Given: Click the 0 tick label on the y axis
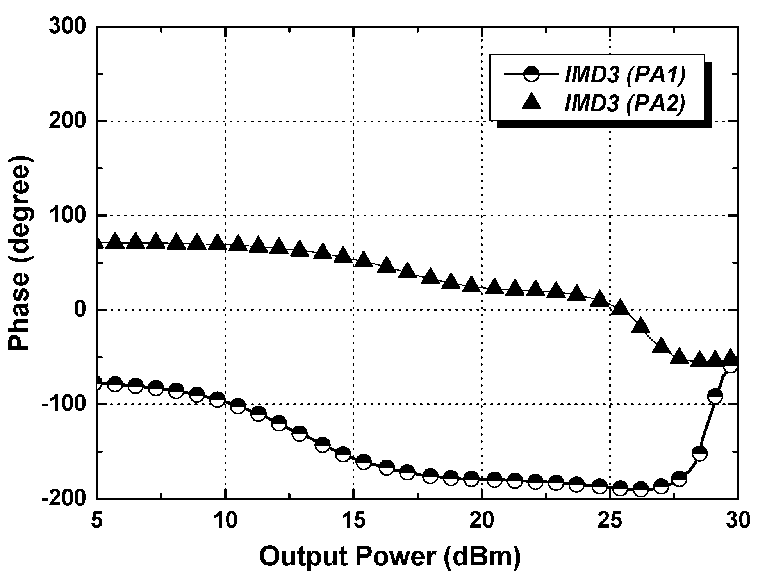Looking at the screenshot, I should click(80, 310).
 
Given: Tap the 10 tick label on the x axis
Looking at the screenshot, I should click(225, 521).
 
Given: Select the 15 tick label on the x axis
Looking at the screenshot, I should click(353, 521).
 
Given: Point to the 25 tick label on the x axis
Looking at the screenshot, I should click(610, 521).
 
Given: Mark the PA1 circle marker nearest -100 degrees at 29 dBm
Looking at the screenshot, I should click(715, 396).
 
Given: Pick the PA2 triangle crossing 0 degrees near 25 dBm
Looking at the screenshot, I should click(620, 308).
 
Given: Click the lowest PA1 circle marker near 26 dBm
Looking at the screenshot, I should click(640, 489).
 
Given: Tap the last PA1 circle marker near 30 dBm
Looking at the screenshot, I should click(730, 365).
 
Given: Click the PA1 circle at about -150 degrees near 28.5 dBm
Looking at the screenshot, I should click(699, 454).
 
